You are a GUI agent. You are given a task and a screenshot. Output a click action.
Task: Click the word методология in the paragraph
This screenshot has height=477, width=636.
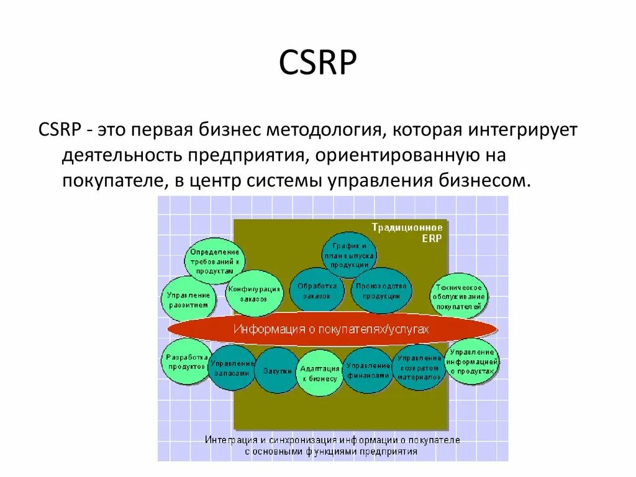tap(322, 131)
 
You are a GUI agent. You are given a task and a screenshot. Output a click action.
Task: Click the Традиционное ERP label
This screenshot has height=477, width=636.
tap(407, 232)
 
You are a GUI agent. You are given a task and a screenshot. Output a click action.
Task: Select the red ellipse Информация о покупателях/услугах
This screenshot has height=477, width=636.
tap(332, 329)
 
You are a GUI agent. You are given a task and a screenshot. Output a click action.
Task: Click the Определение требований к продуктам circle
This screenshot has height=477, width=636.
tap(215, 261)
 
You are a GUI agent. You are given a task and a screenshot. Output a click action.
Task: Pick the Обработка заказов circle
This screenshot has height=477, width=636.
tap(317, 290)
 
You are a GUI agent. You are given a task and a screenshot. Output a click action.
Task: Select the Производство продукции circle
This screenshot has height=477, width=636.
tap(381, 290)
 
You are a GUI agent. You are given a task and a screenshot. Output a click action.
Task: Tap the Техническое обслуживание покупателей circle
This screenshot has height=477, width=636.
tap(459, 296)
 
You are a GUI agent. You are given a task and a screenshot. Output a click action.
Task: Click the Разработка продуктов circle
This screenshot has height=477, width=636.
tap(186, 361)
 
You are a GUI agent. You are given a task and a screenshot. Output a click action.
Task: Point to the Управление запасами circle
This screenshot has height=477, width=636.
tap(233, 368)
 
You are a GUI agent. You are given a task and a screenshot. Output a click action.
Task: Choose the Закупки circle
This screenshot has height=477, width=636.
tap(277, 370)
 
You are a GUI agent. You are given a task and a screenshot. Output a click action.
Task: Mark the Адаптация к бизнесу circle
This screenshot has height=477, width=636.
tap(320, 373)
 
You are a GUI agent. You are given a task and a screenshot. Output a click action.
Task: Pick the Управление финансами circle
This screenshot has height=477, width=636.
tap(368, 370)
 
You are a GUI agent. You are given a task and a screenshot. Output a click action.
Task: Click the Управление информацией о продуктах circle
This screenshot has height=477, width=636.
tap(473, 361)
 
